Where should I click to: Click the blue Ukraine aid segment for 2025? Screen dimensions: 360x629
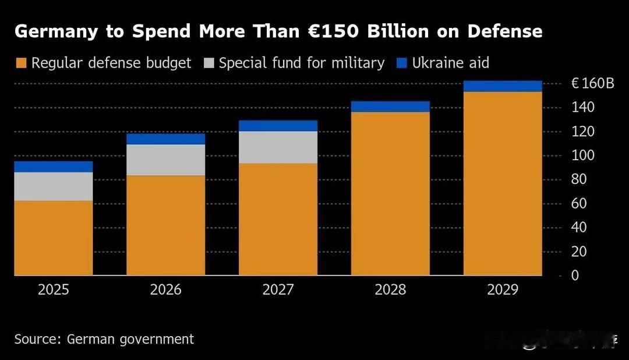pos(54,167)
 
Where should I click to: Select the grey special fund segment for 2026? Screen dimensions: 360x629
pos(166,160)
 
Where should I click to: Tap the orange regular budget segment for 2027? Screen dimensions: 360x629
pos(278,219)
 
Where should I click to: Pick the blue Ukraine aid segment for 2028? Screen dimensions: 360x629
pos(390,106)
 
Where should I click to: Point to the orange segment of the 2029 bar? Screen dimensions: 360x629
pos(503,183)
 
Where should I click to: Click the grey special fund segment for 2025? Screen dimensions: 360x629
pos(54,186)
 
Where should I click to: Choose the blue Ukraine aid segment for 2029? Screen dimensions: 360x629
pos(503,86)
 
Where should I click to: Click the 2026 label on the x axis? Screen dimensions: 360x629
pos(166,290)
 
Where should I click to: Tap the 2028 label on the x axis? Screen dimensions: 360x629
pos(390,290)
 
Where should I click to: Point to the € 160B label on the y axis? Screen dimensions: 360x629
pos(592,84)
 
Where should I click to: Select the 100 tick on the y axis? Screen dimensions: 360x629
pos(583,156)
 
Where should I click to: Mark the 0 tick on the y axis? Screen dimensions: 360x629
pos(575,276)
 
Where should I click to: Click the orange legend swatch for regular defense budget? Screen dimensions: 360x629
pos(21,63)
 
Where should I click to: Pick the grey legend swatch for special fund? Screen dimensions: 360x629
pos(209,63)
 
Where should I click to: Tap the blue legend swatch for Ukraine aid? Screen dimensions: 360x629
pos(402,63)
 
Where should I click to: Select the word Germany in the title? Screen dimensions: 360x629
pos(56,31)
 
